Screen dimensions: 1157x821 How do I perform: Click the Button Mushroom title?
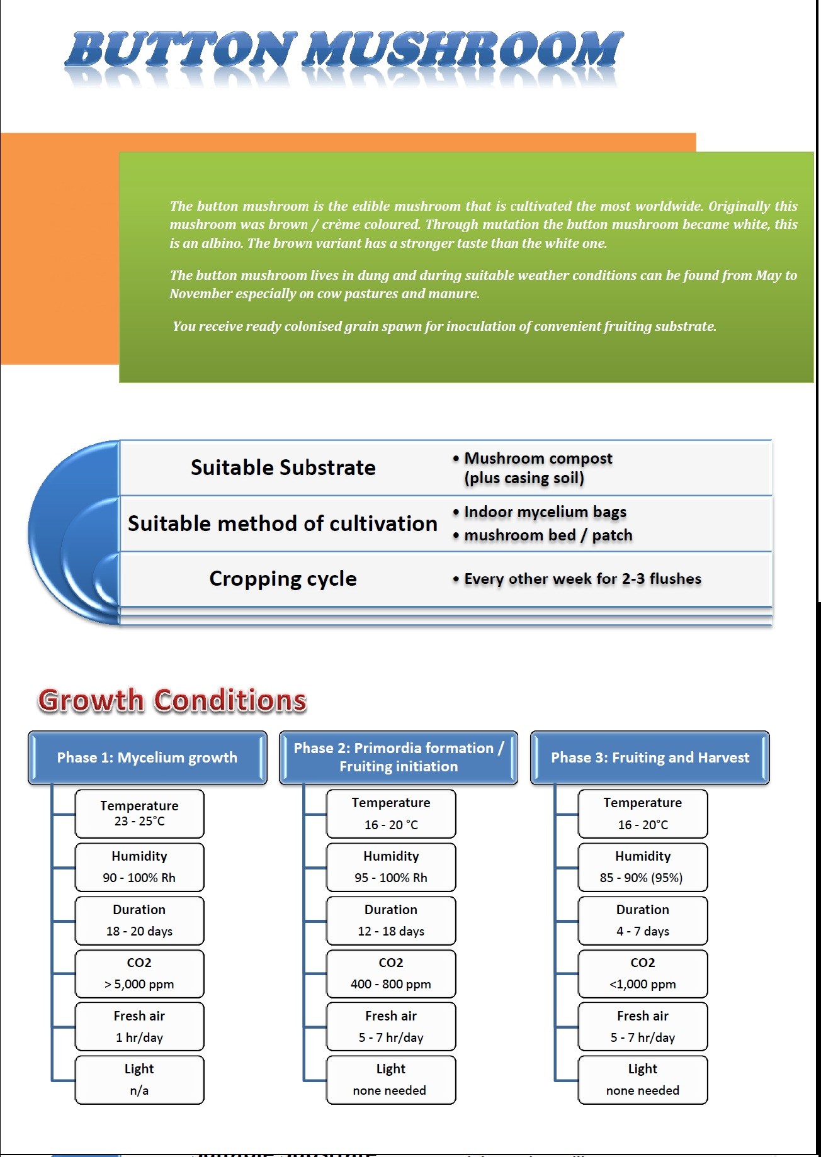[x=344, y=50]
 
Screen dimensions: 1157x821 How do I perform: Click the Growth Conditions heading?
[x=173, y=700]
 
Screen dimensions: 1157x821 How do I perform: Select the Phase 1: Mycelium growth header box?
[x=147, y=757]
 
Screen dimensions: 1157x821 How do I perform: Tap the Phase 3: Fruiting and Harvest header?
[x=650, y=757]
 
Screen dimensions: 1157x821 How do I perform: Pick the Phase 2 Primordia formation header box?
[x=399, y=757]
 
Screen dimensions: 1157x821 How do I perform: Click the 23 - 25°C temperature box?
[x=139, y=813]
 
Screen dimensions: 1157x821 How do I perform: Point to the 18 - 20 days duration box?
[x=139, y=920]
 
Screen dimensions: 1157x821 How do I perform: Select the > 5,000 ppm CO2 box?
[x=139, y=974]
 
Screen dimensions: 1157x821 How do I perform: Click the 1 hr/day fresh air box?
[x=139, y=1027]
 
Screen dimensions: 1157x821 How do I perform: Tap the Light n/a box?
[x=139, y=1080]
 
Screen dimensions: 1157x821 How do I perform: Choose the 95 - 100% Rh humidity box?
[x=390, y=867]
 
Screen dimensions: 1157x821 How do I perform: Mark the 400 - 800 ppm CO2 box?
[x=390, y=974]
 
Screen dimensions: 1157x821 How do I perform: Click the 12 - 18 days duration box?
[x=390, y=920]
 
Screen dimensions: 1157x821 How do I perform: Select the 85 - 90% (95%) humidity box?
[x=642, y=867]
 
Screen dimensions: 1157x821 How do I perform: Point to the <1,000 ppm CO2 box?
[x=642, y=974]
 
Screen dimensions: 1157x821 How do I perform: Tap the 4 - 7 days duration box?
[x=642, y=920]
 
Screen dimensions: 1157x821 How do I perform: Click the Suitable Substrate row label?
[x=283, y=467]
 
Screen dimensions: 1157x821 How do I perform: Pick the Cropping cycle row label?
[x=283, y=579]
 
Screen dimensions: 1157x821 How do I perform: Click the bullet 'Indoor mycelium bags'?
[x=545, y=512]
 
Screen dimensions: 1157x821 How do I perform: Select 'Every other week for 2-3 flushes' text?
[x=582, y=579]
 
